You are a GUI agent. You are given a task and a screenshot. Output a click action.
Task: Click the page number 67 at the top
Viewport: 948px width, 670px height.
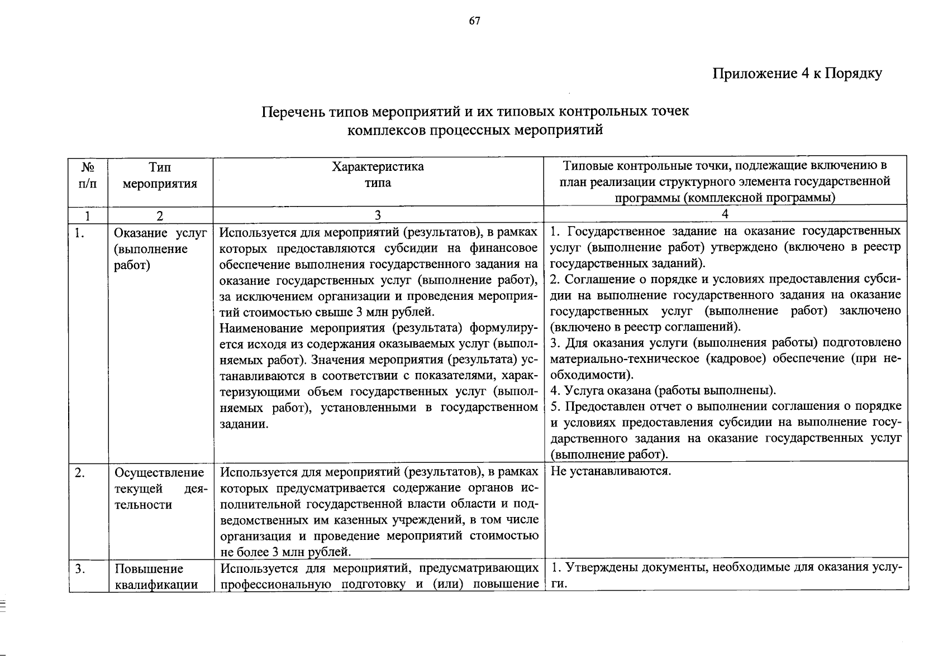[474, 21]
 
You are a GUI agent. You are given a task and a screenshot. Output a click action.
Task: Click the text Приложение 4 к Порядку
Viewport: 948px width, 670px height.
[797, 74]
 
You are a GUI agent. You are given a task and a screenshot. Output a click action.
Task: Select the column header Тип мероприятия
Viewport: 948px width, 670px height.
[160, 175]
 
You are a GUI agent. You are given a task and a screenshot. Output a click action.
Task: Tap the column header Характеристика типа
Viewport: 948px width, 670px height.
[378, 175]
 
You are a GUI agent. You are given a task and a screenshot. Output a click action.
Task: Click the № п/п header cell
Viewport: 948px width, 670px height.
[88, 175]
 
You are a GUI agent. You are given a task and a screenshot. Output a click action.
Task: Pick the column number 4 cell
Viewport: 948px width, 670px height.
[725, 214]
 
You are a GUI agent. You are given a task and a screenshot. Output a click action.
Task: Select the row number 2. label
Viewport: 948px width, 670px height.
[80, 473]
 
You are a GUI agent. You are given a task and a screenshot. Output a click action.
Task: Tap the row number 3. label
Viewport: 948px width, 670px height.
[80, 569]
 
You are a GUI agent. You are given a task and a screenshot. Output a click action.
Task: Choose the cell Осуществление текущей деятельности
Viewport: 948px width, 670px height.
[160, 489]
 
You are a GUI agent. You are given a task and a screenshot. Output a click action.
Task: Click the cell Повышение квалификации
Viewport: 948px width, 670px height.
[156, 577]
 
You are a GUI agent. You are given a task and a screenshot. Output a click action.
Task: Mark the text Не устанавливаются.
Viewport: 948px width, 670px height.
[610, 471]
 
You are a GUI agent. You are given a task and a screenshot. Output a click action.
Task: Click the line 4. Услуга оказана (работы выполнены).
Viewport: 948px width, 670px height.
[663, 390]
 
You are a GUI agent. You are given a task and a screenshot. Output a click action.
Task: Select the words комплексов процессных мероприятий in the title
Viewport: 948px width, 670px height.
[475, 131]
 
